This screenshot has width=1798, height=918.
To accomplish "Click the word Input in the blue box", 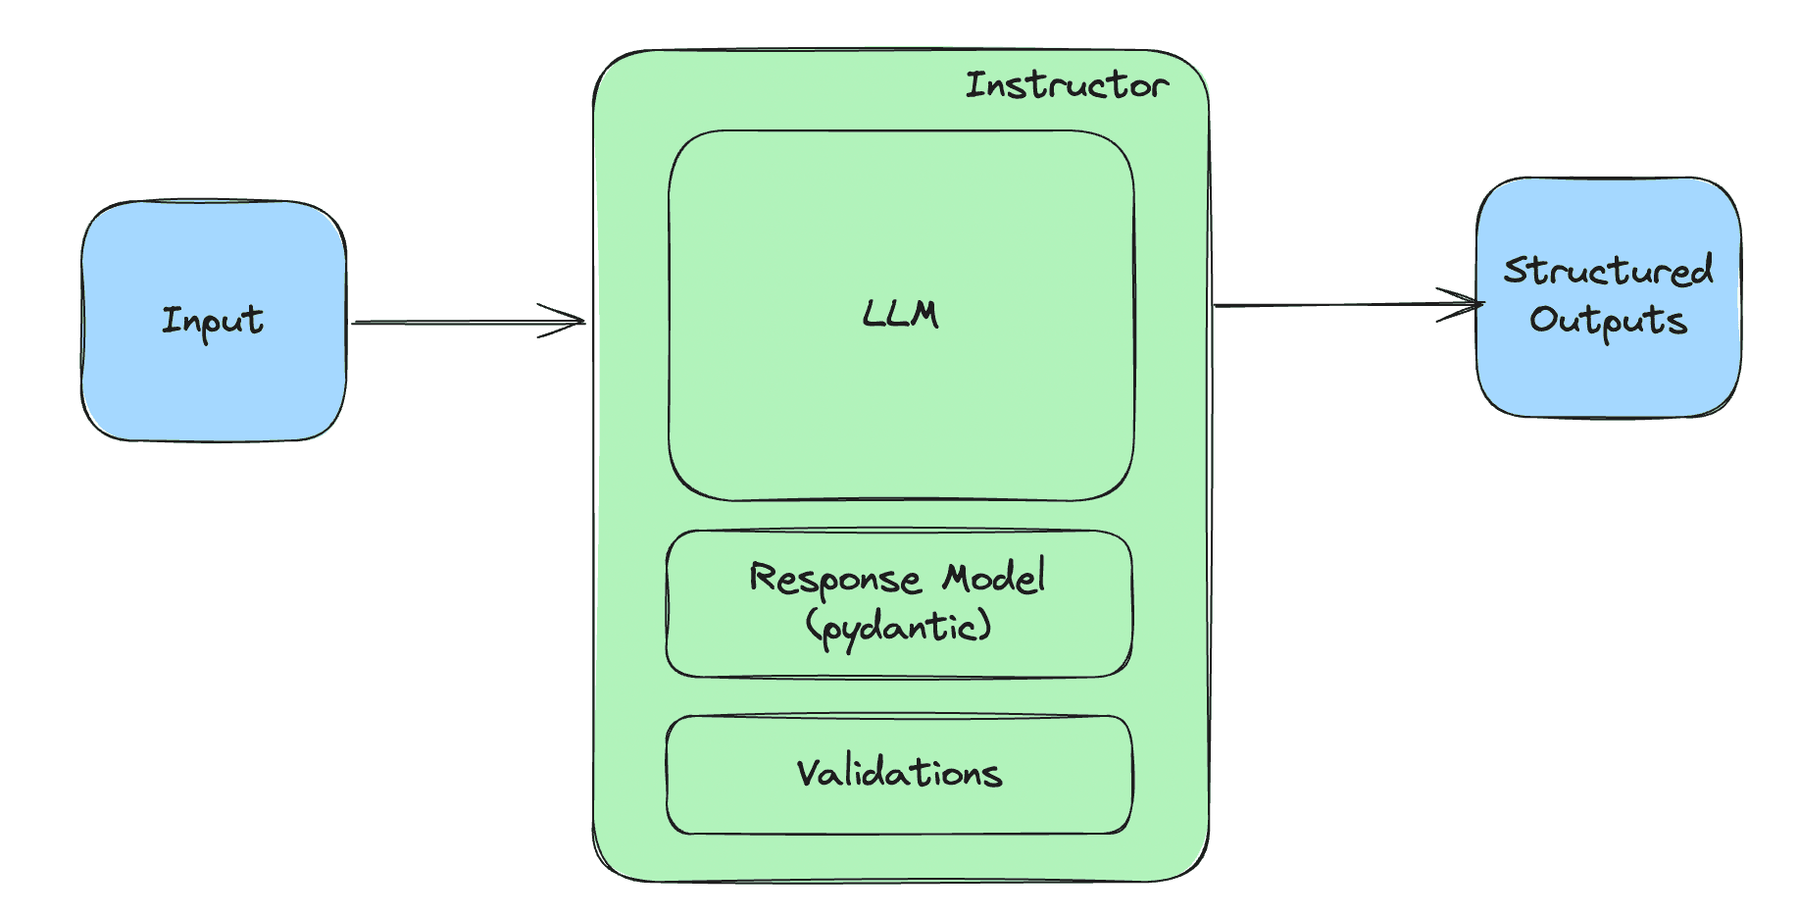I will coord(213,321).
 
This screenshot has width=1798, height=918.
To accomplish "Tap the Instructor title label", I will coord(1067,85).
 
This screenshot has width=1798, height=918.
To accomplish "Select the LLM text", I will coord(900,314).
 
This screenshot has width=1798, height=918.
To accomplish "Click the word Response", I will coord(835,579).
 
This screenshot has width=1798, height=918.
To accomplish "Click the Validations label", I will coord(899,773).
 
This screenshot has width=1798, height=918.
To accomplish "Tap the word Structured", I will coord(1609,271).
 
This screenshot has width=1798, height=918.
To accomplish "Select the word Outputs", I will coord(1609,321).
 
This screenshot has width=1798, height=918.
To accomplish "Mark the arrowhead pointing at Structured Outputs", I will coord(1469,304).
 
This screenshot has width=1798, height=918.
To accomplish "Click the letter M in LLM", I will coord(924,314).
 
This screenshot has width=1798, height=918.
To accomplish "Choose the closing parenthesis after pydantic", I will coord(985,626).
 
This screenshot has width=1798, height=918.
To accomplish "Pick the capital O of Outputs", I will coord(1544,320).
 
